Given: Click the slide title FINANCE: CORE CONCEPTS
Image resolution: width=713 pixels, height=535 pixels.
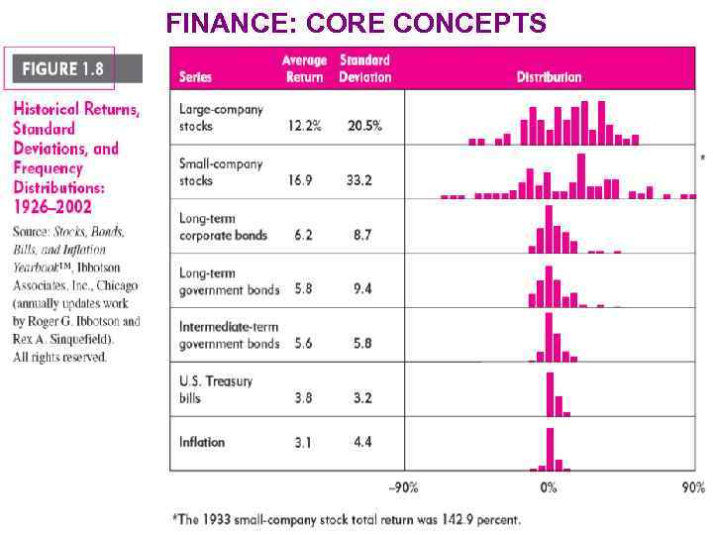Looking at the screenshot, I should coord(356,22).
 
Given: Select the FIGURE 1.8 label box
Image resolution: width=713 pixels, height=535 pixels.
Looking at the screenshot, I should coord(63,68).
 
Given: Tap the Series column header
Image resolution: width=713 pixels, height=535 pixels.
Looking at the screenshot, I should coord(196,76).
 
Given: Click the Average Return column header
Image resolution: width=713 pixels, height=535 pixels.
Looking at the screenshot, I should coord(304,68).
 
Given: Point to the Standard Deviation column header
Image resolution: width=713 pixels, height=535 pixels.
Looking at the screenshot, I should coord(364,68).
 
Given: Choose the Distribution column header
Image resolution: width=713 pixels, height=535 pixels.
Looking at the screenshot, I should coord(549,76).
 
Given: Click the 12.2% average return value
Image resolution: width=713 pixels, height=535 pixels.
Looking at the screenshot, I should coord(305,126).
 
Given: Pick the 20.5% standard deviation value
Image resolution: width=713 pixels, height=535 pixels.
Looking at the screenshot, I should coord(364,126).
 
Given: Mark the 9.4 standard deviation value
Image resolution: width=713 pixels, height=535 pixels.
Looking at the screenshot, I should coord(362,289).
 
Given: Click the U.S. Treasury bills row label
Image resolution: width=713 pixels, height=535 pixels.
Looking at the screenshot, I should coord(215,389).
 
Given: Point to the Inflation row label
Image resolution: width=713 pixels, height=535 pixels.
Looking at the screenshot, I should coord(202,442).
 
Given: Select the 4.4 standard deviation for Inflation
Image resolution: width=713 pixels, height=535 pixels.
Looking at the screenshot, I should coord(362,442).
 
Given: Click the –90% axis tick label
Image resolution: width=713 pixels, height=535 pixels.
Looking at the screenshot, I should coord(402,487).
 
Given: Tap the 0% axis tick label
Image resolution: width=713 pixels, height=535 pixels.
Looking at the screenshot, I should coord(549,487).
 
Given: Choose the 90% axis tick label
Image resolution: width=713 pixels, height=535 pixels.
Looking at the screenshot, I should coord(693,487).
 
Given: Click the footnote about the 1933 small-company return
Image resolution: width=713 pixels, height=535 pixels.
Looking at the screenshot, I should coord(346,518).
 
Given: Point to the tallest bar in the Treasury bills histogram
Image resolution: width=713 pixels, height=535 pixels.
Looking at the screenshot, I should coord(550,394).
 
